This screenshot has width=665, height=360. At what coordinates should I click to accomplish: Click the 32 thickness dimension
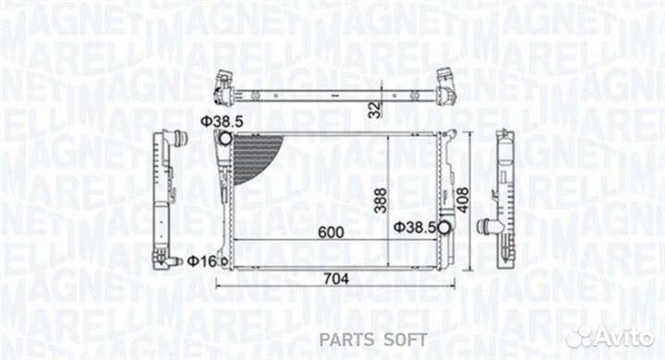373,109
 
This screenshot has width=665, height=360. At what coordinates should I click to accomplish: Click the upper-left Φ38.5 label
221,122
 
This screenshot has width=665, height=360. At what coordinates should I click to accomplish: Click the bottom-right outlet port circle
445,228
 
